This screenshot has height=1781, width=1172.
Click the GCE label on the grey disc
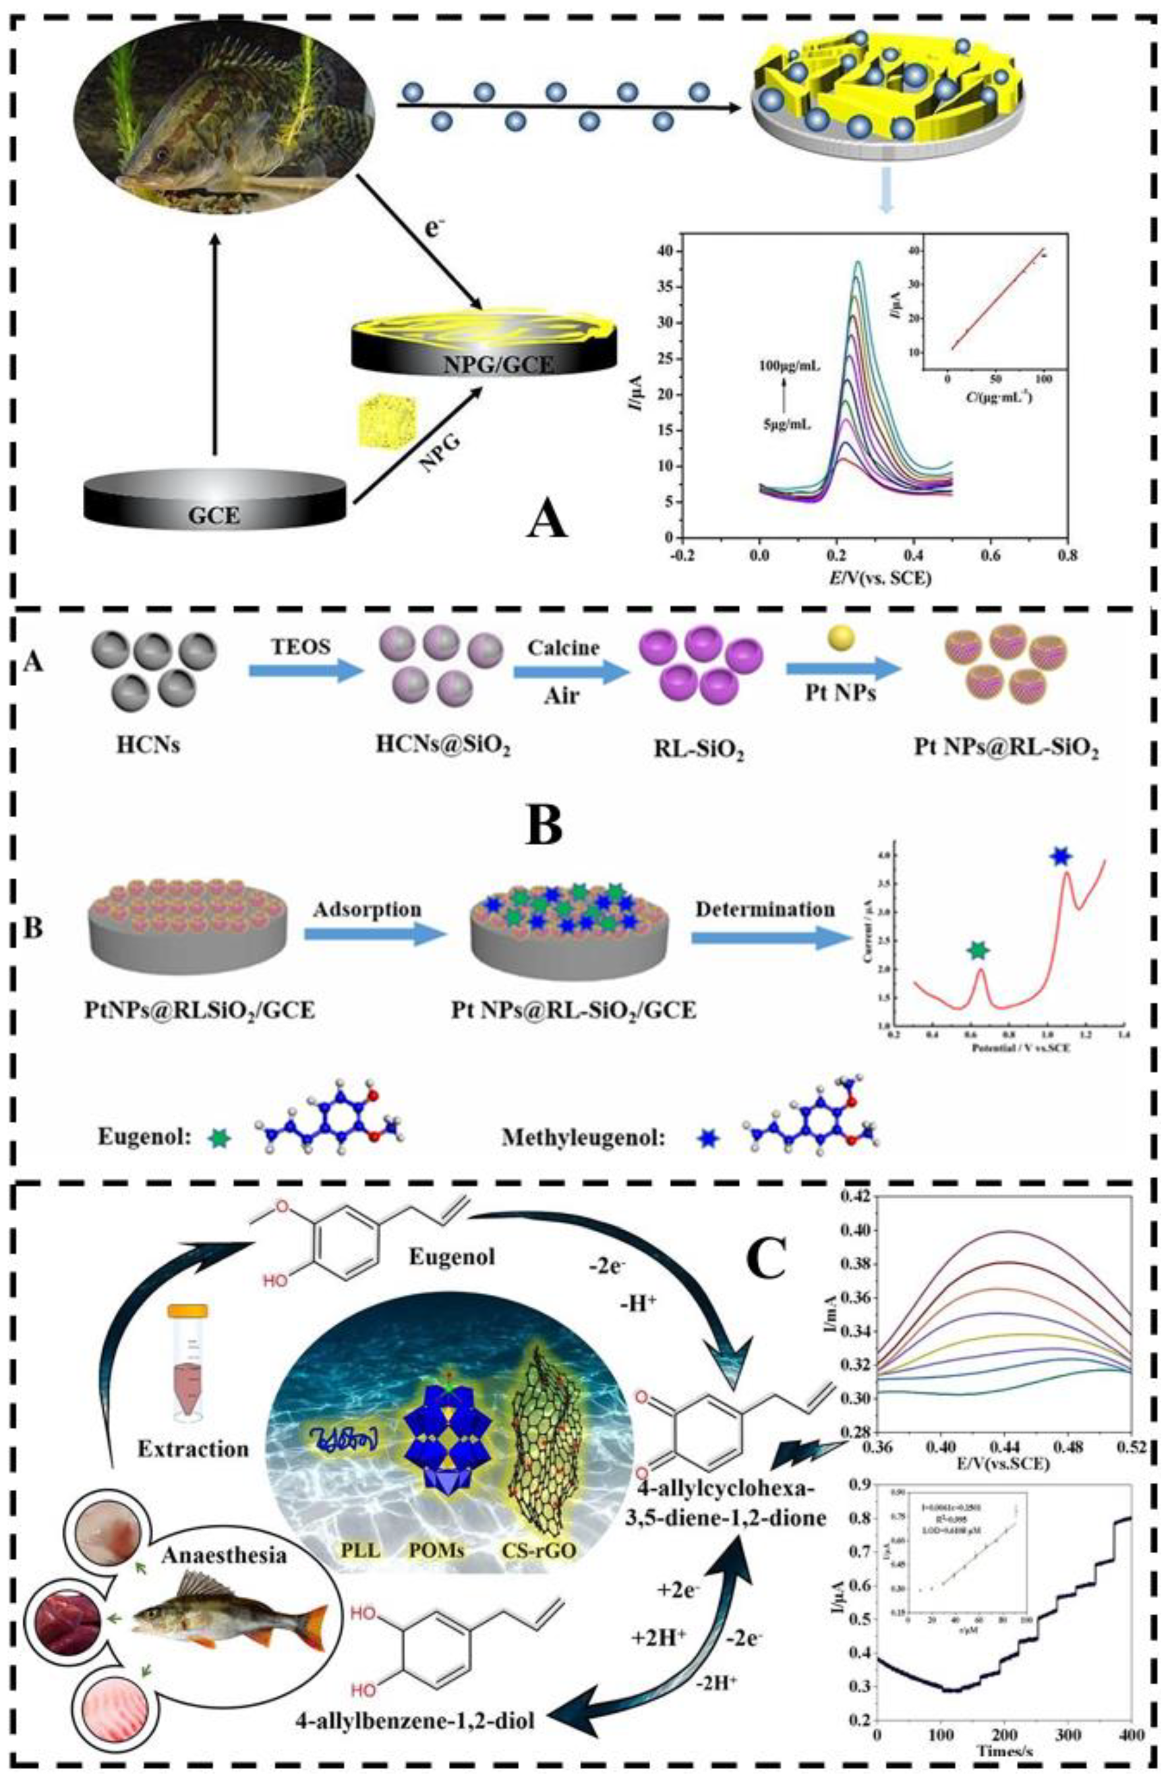coord(215,514)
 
